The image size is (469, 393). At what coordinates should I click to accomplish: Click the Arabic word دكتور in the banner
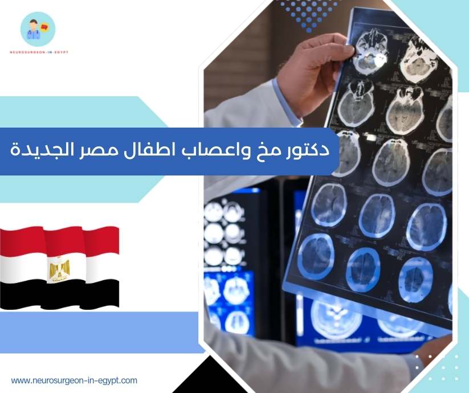click(310, 150)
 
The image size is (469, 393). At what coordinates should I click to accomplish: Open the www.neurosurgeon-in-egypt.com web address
click(74, 380)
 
